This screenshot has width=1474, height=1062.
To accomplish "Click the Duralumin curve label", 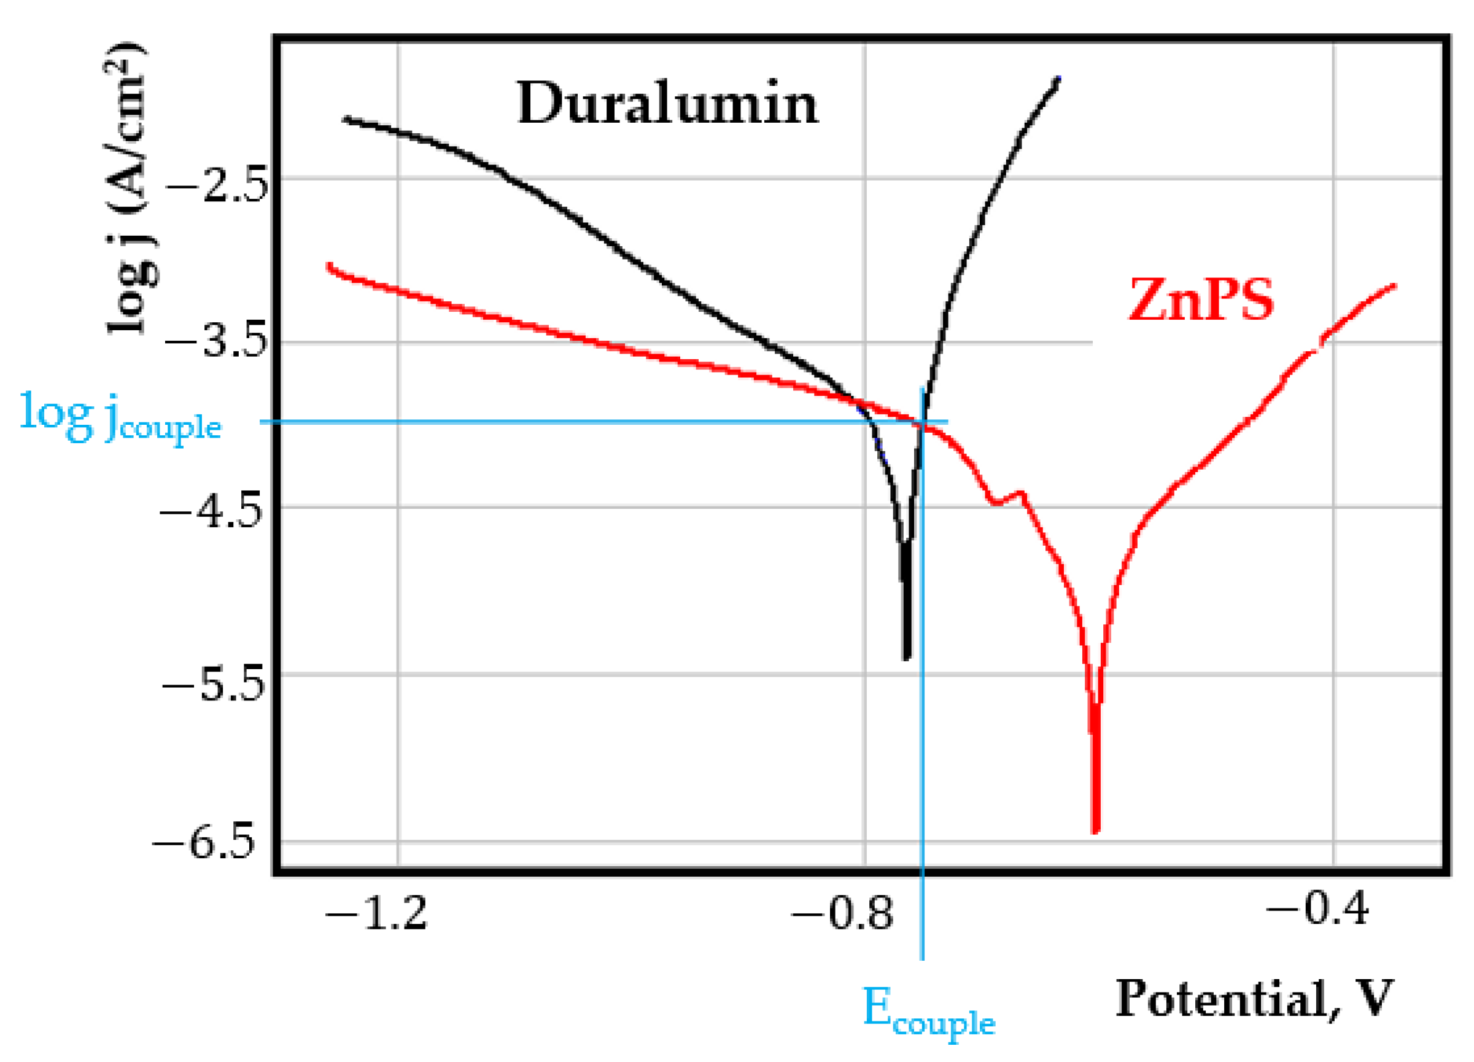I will (667, 104).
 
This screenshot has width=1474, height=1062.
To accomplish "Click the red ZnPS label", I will (1201, 300).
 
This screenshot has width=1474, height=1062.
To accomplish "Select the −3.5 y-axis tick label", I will (217, 343).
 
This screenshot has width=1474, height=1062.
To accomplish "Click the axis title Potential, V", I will (1254, 998).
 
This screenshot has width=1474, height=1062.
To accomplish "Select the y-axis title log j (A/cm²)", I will (127, 188).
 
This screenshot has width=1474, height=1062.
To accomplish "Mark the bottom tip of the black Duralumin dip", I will (907, 657).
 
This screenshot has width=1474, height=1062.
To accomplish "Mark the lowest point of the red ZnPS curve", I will (1095, 831).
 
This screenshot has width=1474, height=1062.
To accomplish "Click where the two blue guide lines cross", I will (921, 422).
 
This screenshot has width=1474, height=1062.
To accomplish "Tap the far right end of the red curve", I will (1394, 285).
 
